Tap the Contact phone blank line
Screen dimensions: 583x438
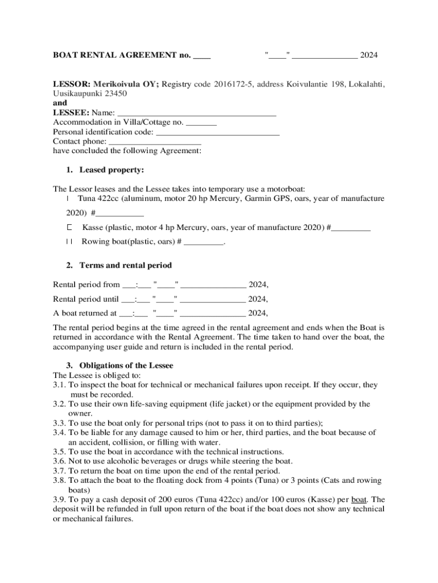(155, 142)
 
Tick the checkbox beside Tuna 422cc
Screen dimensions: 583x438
(68, 199)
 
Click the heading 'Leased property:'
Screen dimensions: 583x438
(111, 170)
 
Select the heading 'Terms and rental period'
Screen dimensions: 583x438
(125, 266)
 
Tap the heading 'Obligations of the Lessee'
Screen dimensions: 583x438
(126, 366)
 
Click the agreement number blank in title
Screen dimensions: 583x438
(202, 56)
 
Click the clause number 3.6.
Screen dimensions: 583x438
(59, 461)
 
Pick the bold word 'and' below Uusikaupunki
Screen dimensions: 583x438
(60, 104)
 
